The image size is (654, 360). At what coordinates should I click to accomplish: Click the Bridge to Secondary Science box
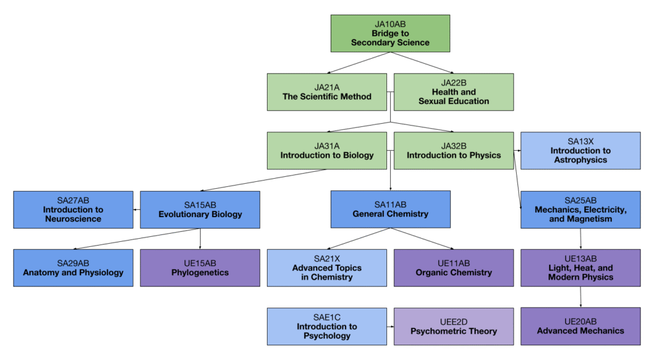(x=390, y=33)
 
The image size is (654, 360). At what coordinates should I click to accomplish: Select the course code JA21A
(x=327, y=87)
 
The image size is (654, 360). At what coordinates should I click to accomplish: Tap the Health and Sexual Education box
(x=453, y=92)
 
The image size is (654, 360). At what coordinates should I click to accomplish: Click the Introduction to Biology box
(x=327, y=151)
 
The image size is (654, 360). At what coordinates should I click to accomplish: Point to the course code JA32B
(x=453, y=146)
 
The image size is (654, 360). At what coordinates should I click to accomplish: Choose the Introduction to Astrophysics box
(x=581, y=151)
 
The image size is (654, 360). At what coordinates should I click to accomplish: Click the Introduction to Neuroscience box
(x=73, y=209)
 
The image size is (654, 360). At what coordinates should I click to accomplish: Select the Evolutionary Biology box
(x=200, y=209)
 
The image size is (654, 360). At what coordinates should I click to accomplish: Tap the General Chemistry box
(x=390, y=209)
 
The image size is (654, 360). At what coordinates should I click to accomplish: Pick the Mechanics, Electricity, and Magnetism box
(x=581, y=209)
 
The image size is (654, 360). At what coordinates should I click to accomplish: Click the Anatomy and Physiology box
(x=73, y=268)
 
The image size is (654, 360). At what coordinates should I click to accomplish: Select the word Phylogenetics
(x=200, y=273)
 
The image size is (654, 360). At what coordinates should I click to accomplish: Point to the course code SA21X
(x=327, y=259)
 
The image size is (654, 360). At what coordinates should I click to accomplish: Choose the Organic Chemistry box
(x=453, y=268)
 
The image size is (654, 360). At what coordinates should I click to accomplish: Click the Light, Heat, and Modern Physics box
(x=581, y=268)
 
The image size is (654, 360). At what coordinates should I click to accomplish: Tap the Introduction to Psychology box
(x=327, y=327)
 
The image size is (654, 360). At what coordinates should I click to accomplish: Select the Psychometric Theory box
(x=453, y=327)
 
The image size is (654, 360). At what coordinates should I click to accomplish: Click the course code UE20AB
(x=581, y=322)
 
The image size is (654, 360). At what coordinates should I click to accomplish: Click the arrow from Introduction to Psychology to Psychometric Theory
(x=390, y=327)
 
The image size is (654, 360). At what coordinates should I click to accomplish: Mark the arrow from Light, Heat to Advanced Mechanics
(x=581, y=297)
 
